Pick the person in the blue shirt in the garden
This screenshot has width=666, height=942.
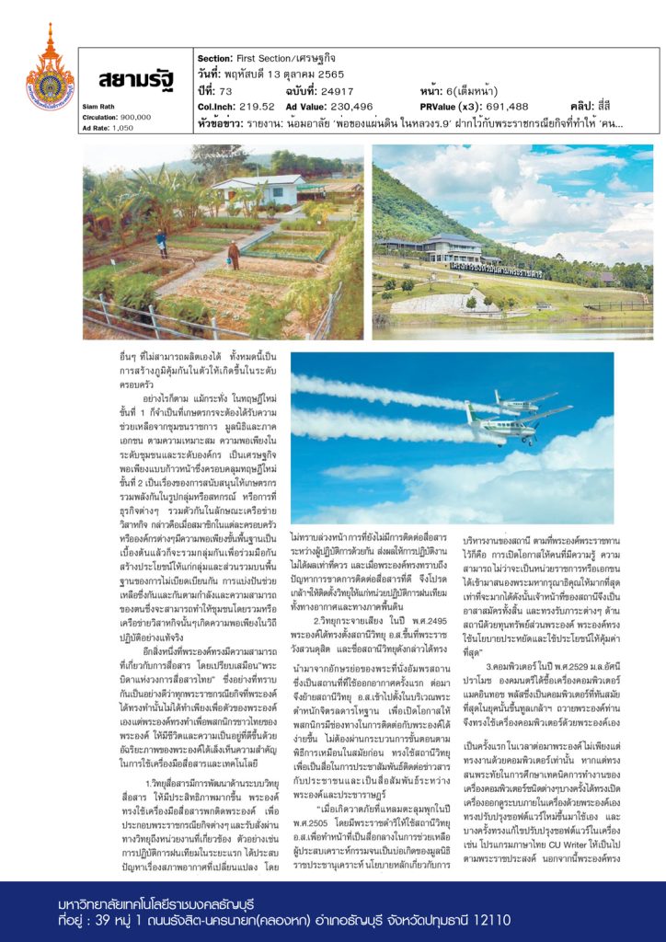point(162,242)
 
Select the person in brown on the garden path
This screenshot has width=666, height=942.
point(234,254)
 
